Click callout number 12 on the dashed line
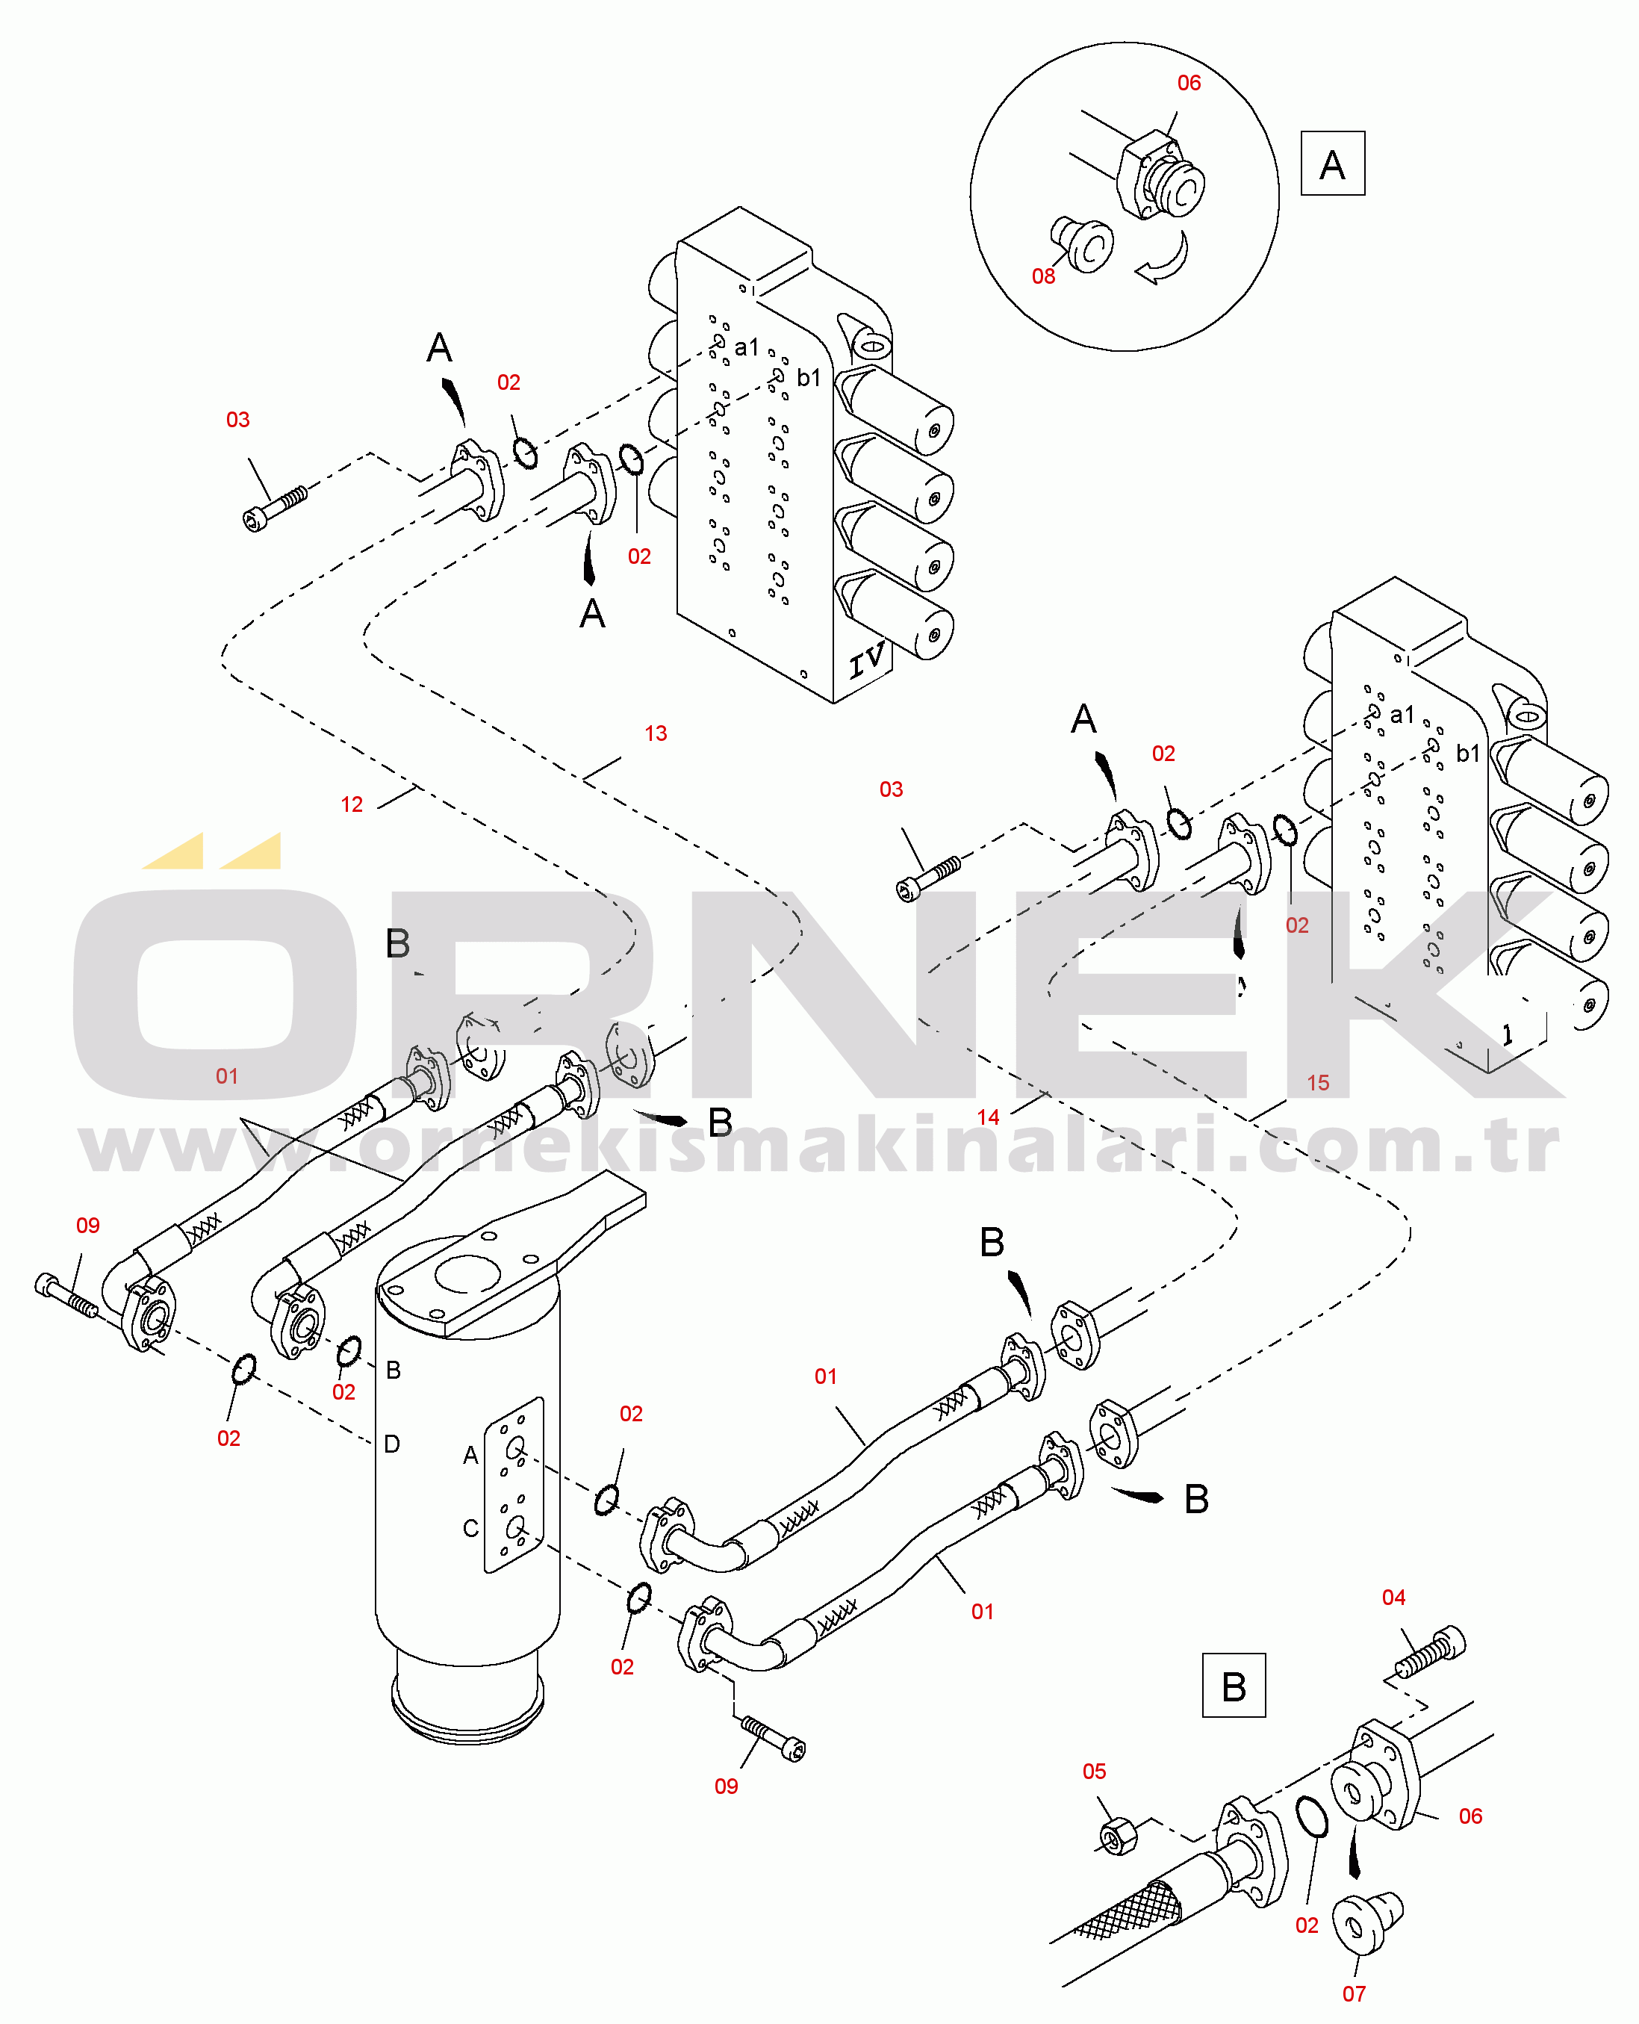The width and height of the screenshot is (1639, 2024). pos(351,804)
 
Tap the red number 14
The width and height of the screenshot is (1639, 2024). pos(988,1117)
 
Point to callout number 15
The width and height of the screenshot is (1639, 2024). pos(1318,1083)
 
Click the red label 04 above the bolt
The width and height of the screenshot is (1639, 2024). pos(1393,1597)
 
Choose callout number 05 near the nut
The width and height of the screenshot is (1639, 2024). pos(1094,1771)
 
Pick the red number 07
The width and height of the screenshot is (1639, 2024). pos(1354,1994)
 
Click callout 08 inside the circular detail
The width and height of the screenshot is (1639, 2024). pos(1043,276)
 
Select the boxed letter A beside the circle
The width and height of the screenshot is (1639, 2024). pos(1332,164)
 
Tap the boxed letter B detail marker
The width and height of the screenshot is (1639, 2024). pos(1234,1685)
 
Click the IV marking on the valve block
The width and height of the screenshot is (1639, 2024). pos(867,660)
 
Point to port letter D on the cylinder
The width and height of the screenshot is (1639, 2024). pos(392,1443)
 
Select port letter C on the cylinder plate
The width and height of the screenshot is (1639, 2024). pos(470,1527)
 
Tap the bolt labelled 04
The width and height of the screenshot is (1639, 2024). pos(1431,1653)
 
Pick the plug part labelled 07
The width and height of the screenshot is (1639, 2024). pos(1366,1921)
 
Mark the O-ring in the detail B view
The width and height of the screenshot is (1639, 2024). pos(1310,1817)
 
